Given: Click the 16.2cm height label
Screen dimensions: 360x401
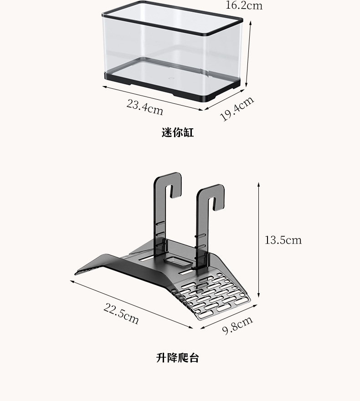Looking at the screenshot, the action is [x=244, y=5].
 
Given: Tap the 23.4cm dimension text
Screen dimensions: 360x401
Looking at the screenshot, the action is [x=144, y=107].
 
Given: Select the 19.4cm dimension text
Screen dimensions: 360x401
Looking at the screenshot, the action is [x=237, y=109].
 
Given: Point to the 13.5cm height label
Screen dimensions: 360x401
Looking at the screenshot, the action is [x=283, y=240].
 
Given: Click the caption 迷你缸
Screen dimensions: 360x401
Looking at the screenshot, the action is [x=178, y=133].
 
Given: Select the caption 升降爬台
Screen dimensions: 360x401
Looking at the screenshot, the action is [x=178, y=358].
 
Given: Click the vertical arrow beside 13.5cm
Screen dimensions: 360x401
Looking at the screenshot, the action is [x=258, y=240].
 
